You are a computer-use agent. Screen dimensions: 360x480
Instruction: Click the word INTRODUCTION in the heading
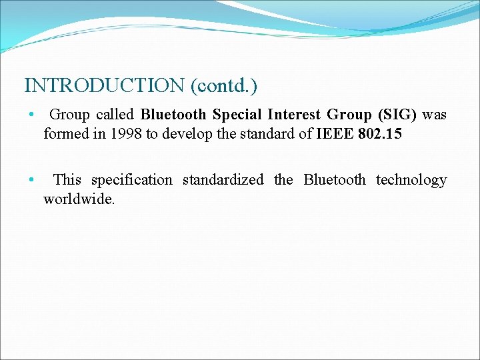click(105, 85)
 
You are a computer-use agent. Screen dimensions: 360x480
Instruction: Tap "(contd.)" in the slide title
click(224, 85)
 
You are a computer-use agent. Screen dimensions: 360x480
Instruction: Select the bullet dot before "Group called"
click(31, 115)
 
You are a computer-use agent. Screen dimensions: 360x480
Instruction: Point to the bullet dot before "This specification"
click(31, 180)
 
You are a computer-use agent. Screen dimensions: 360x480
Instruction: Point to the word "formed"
click(65, 134)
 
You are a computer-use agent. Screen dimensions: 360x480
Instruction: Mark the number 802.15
click(380, 134)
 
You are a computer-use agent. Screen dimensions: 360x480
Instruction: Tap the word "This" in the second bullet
click(67, 179)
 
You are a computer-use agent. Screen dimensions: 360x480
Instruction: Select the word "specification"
click(131, 179)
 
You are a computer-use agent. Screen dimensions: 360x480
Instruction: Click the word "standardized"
click(223, 179)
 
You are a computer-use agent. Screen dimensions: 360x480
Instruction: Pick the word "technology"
click(411, 179)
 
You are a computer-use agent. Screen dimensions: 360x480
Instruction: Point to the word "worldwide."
click(79, 199)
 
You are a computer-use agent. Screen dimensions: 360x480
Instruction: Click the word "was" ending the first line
click(435, 115)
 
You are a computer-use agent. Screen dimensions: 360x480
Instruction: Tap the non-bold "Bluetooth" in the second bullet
click(335, 179)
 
